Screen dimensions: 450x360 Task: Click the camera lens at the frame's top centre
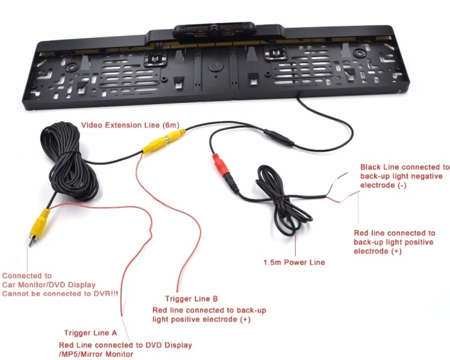tap(214, 30)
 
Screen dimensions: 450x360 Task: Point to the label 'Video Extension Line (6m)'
tap(130, 125)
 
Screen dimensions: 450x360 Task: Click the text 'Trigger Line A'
tap(91, 333)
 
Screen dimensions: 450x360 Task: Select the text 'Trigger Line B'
tap(192, 299)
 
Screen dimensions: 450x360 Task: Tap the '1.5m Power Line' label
tap(294, 262)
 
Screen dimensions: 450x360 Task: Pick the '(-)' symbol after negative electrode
tap(402, 185)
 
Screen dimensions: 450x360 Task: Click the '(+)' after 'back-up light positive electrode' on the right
tap(397, 251)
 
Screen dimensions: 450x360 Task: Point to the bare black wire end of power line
tap(343, 175)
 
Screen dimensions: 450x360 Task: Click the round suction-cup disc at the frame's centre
tap(215, 66)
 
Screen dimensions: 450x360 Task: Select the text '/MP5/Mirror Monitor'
tap(96, 354)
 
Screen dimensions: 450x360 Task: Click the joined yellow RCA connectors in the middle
tap(164, 141)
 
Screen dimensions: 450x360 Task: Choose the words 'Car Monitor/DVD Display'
tap(49, 285)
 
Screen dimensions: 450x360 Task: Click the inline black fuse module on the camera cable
tap(279, 138)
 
